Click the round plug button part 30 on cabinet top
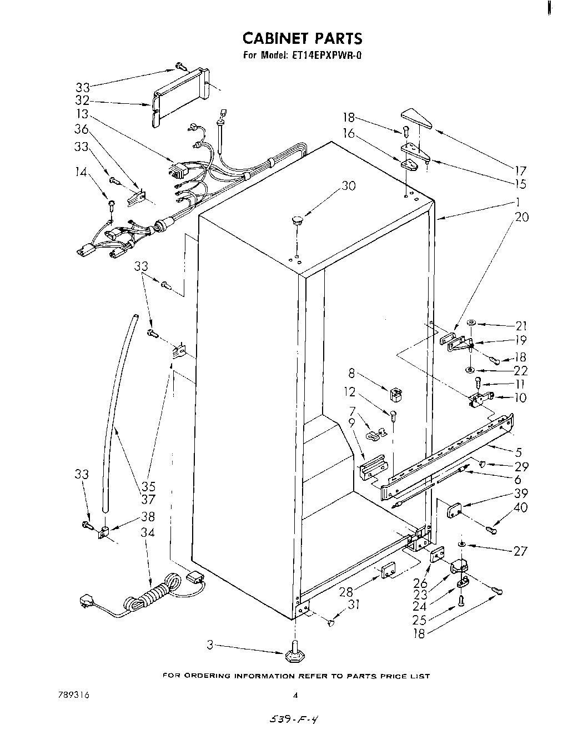(297, 221)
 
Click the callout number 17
(520, 171)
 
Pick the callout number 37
(148, 500)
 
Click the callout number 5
(519, 452)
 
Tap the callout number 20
(521, 217)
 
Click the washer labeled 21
(471, 323)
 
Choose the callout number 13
(82, 114)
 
